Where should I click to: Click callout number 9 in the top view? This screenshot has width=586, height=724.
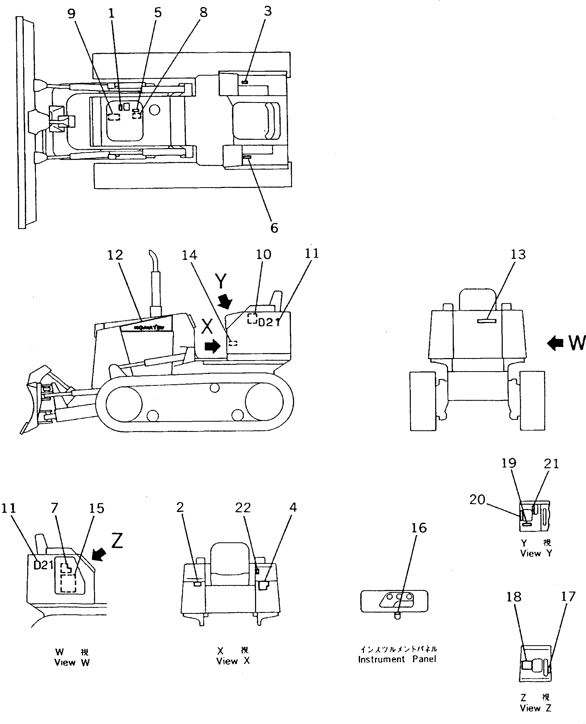click(71, 14)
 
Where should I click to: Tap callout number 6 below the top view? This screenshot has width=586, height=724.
click(274, 228)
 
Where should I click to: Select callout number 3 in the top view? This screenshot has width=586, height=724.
click(267, 11)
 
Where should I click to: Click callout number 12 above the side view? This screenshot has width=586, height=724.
click(115, 255)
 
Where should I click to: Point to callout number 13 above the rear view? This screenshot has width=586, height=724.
click(518, 254)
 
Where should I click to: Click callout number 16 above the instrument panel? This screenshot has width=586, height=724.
click(419, 528)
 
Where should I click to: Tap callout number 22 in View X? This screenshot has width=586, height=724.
click(243, 508)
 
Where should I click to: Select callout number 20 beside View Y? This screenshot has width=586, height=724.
click(477, 499)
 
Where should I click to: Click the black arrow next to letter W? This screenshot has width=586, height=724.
click(555, 343)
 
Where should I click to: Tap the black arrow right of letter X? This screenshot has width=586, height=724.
click(212, 346)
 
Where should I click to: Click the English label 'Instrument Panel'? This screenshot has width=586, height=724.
click(397, 659)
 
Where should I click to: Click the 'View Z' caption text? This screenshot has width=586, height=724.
click(535, 708)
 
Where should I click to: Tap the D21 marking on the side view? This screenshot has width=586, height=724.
click(269, 322)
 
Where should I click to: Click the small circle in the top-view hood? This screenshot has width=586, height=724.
click(154, 110)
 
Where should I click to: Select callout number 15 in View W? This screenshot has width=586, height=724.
click(97, 508)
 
